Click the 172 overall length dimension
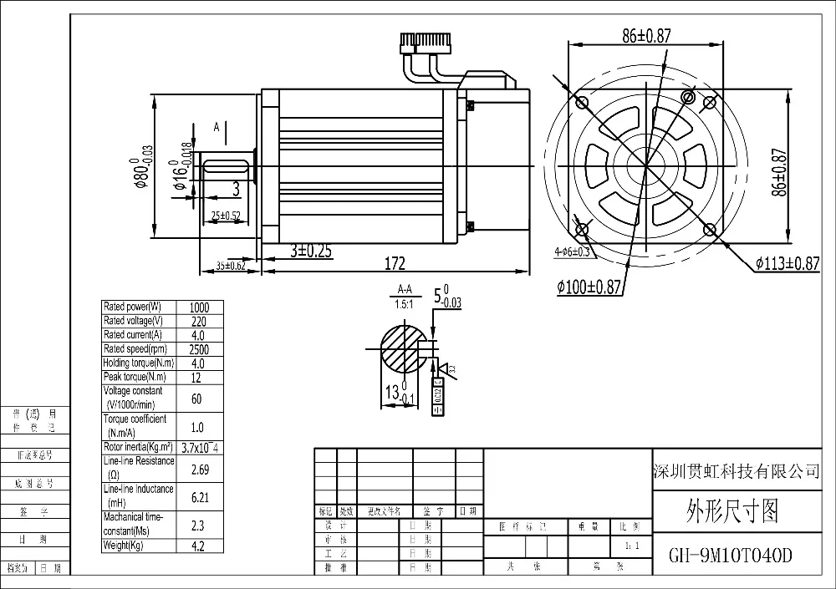point(395,264)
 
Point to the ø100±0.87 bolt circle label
point(590,287)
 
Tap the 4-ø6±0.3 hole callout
point(572,251)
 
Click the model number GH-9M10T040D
point(731,556)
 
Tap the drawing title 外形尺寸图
point(731,509)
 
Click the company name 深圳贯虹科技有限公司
point(735,472)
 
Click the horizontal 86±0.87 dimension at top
point(647,35)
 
